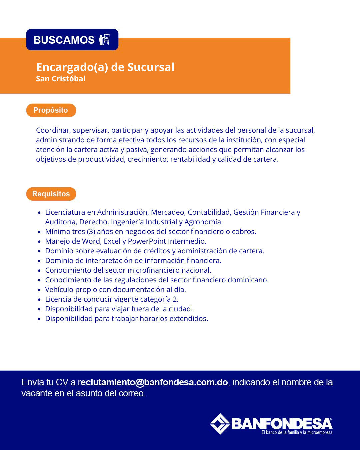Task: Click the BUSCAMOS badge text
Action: [64, 40]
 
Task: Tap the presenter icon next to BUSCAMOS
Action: [104, 39]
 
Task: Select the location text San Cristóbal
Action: [61, 79]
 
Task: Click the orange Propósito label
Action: [51, 110]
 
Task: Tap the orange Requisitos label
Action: [51, 194]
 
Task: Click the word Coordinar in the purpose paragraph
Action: [53, 130]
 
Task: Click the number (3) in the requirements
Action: [91, 232]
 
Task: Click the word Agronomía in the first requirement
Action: [203, 222]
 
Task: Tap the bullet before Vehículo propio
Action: [39, 290]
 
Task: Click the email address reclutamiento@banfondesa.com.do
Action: [153, 382]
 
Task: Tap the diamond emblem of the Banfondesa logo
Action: [220, 424]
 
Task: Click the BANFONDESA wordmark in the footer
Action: [282, 424]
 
